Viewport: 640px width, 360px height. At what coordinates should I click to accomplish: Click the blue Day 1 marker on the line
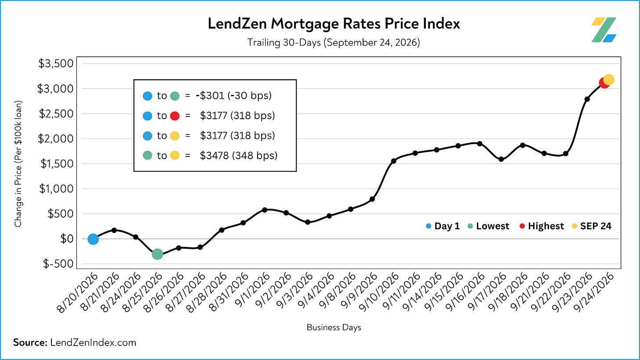(93, 239)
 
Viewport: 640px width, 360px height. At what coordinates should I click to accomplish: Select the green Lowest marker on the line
(157, 254)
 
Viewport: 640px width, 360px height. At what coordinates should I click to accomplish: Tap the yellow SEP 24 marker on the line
(608, 80)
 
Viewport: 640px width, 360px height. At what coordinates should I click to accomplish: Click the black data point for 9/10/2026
(393, 161)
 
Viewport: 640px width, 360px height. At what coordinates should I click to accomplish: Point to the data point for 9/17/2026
(501, 159)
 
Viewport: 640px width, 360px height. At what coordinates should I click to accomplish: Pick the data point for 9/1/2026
(265, 210)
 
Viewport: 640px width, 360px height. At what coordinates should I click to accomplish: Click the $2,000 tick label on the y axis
(56, 139)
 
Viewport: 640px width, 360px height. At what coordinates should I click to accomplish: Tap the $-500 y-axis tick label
(58, 264)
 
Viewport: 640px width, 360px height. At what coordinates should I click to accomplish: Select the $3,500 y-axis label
(56, 63)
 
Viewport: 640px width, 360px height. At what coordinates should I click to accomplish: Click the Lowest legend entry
(488, 226)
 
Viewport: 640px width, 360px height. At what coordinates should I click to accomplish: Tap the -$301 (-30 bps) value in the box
(234, 95)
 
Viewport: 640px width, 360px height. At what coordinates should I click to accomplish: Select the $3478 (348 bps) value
(239, 156)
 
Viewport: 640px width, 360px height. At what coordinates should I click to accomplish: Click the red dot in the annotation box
(175, 116)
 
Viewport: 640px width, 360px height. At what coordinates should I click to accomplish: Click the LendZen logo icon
(604, 30)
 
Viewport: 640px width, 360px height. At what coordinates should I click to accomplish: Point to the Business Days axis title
(334, 327)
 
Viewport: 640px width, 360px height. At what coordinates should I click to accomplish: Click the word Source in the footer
(30, 342)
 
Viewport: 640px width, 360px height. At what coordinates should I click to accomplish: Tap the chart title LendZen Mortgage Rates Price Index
(334, 24)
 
